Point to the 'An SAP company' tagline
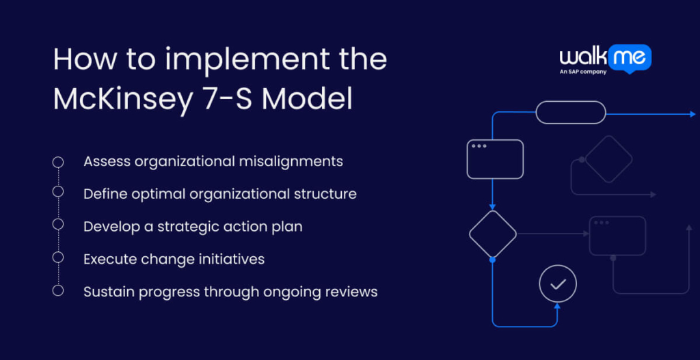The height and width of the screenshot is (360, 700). point(583,72)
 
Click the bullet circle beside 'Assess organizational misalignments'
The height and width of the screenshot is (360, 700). point(58,162)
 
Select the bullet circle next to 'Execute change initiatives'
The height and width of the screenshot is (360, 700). point(58,258)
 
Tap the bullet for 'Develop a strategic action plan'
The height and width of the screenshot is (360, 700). point(58,225)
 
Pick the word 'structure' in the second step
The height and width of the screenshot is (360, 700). point(325,194)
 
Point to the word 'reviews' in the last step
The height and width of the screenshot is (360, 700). point(351,292)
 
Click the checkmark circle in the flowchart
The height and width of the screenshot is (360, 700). point(558,283)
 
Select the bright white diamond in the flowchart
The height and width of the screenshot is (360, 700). point(492,234)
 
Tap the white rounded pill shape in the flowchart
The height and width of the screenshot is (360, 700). point(570,113)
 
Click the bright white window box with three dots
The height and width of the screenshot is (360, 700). point(495,159)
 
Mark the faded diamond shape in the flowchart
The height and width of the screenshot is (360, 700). point(608,159)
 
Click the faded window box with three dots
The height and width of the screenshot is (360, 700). point(617,236)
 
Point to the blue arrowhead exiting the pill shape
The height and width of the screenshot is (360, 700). point(692,113)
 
